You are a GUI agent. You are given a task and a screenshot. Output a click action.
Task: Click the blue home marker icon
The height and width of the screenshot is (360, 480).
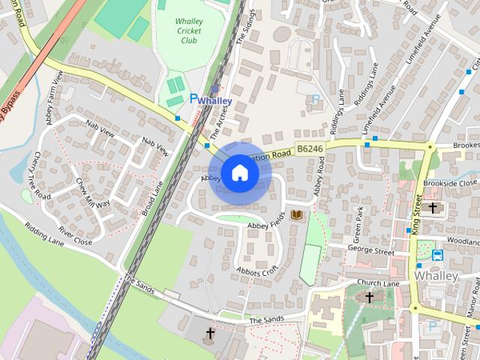point(239,173)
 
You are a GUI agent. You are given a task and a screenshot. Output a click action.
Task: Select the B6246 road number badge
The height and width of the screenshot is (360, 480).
point(309,150)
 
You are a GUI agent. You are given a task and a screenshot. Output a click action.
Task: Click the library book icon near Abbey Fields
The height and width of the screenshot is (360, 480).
point(297,216)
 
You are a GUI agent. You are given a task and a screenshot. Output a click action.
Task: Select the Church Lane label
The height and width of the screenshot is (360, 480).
point(378,283)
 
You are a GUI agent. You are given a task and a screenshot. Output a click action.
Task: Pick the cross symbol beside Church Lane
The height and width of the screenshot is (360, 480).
point(368,298)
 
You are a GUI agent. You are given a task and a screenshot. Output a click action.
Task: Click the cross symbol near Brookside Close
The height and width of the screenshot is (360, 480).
point(432,207)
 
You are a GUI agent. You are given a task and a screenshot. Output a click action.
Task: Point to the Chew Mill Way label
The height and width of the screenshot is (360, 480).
point(93,193)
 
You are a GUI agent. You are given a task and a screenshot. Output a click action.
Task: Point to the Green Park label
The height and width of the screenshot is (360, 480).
point(357,220)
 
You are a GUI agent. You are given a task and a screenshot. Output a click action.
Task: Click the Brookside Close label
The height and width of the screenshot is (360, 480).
point(450,183)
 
